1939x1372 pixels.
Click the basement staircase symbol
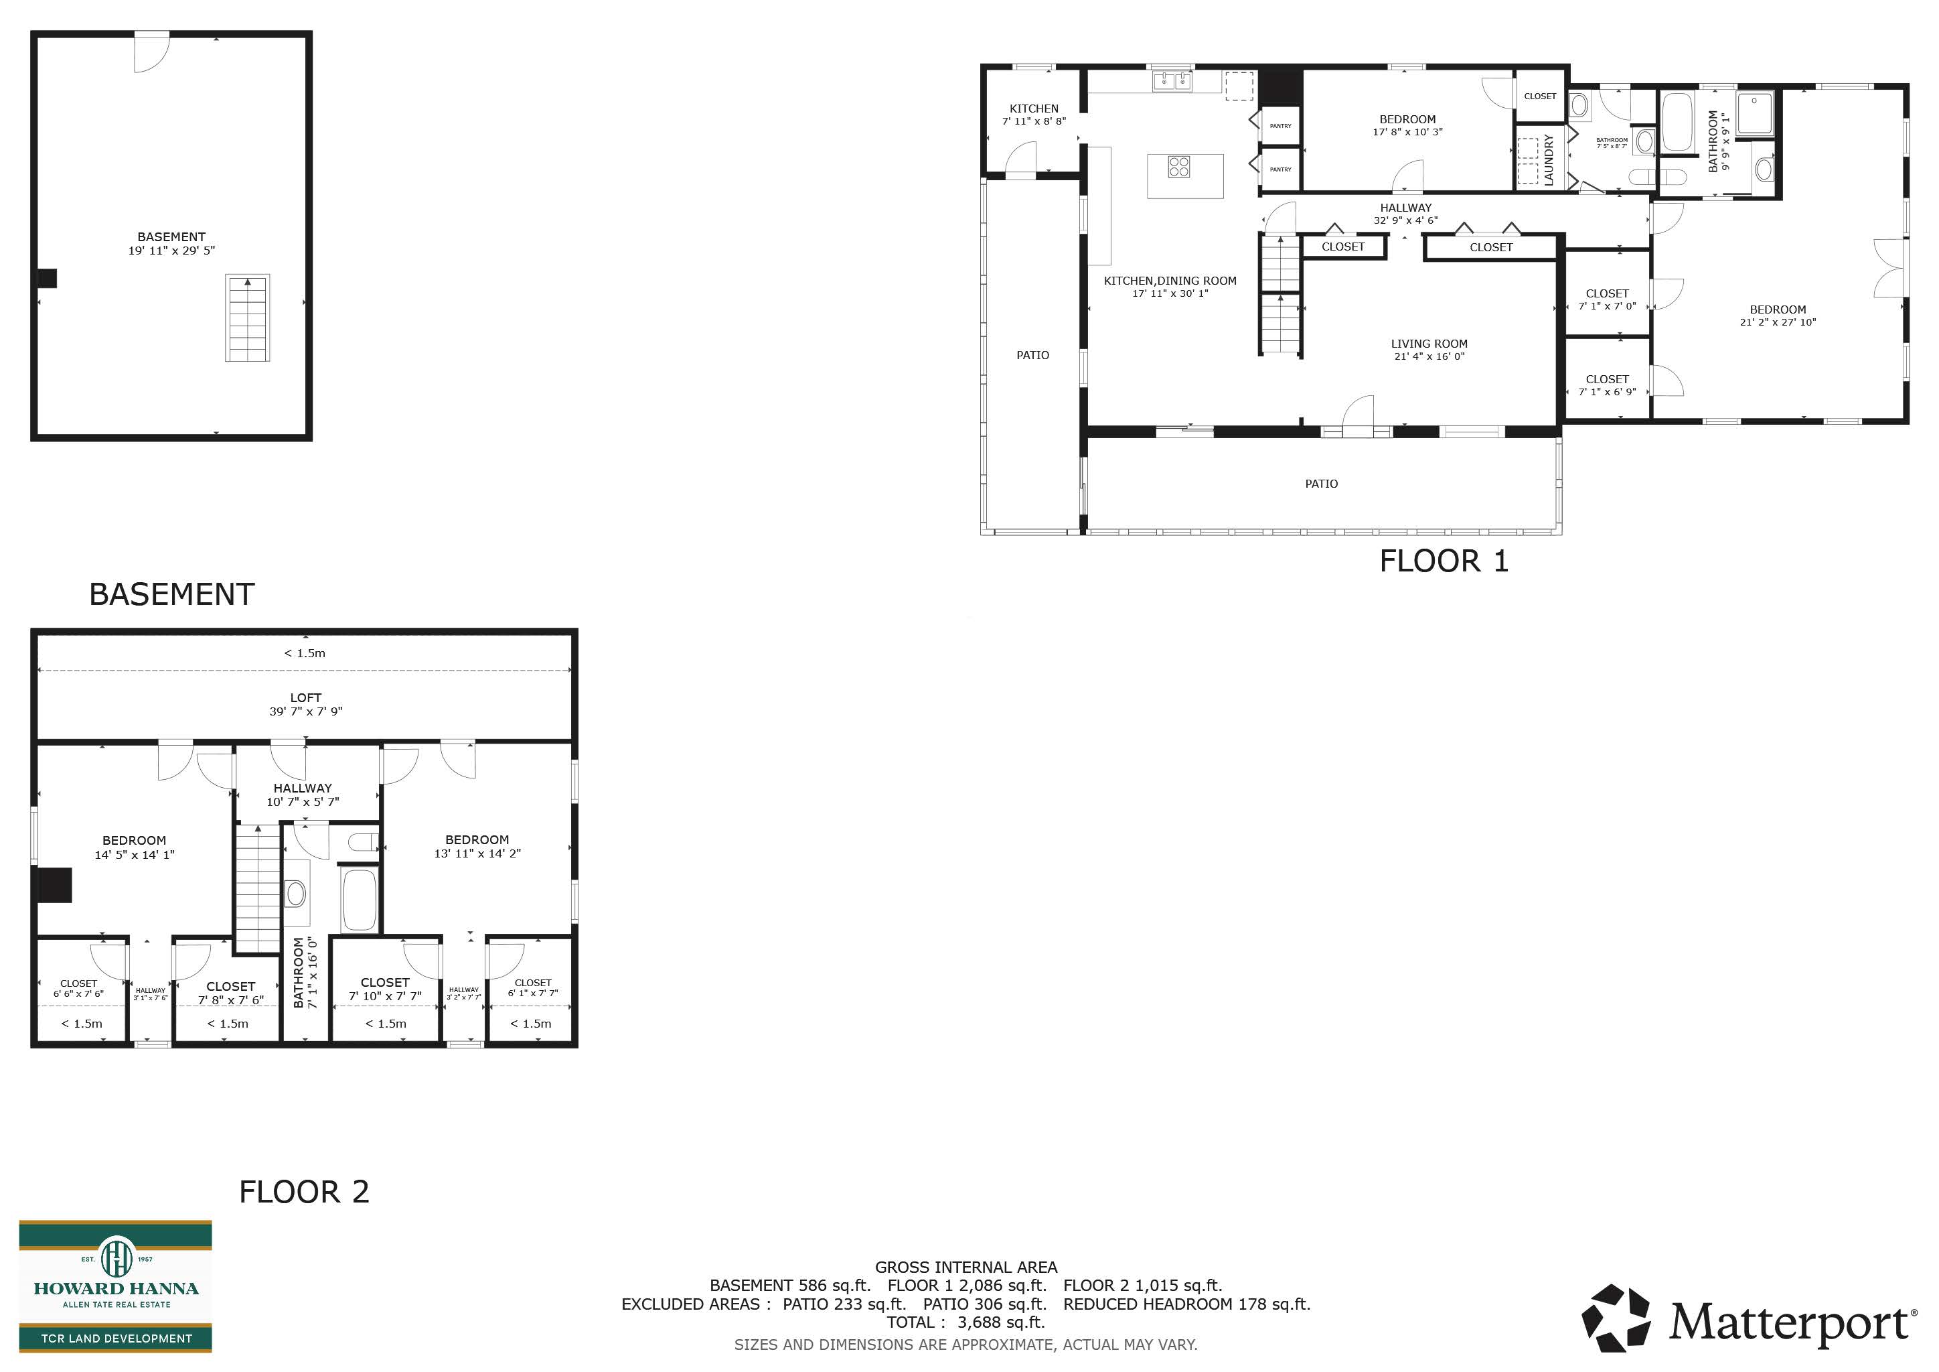coord(248,318)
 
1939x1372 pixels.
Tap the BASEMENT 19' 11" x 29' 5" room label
coord(171,243)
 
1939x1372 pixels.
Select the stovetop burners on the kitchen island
coord(1179,166)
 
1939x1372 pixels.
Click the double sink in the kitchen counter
coord(1173,80)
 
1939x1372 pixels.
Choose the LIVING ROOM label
coord(1429,350)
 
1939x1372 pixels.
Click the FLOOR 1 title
coord(1444,561)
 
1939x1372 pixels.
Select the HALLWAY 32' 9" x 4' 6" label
coord(1405,214)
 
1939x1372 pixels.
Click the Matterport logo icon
coord(1616,1317)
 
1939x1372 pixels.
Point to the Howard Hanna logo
coord(116,1285)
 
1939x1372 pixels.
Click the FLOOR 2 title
coord(304,1192)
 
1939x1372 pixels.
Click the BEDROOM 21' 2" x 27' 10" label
coord(1778,315)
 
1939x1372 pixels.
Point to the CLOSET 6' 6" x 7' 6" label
coord(78,988)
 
